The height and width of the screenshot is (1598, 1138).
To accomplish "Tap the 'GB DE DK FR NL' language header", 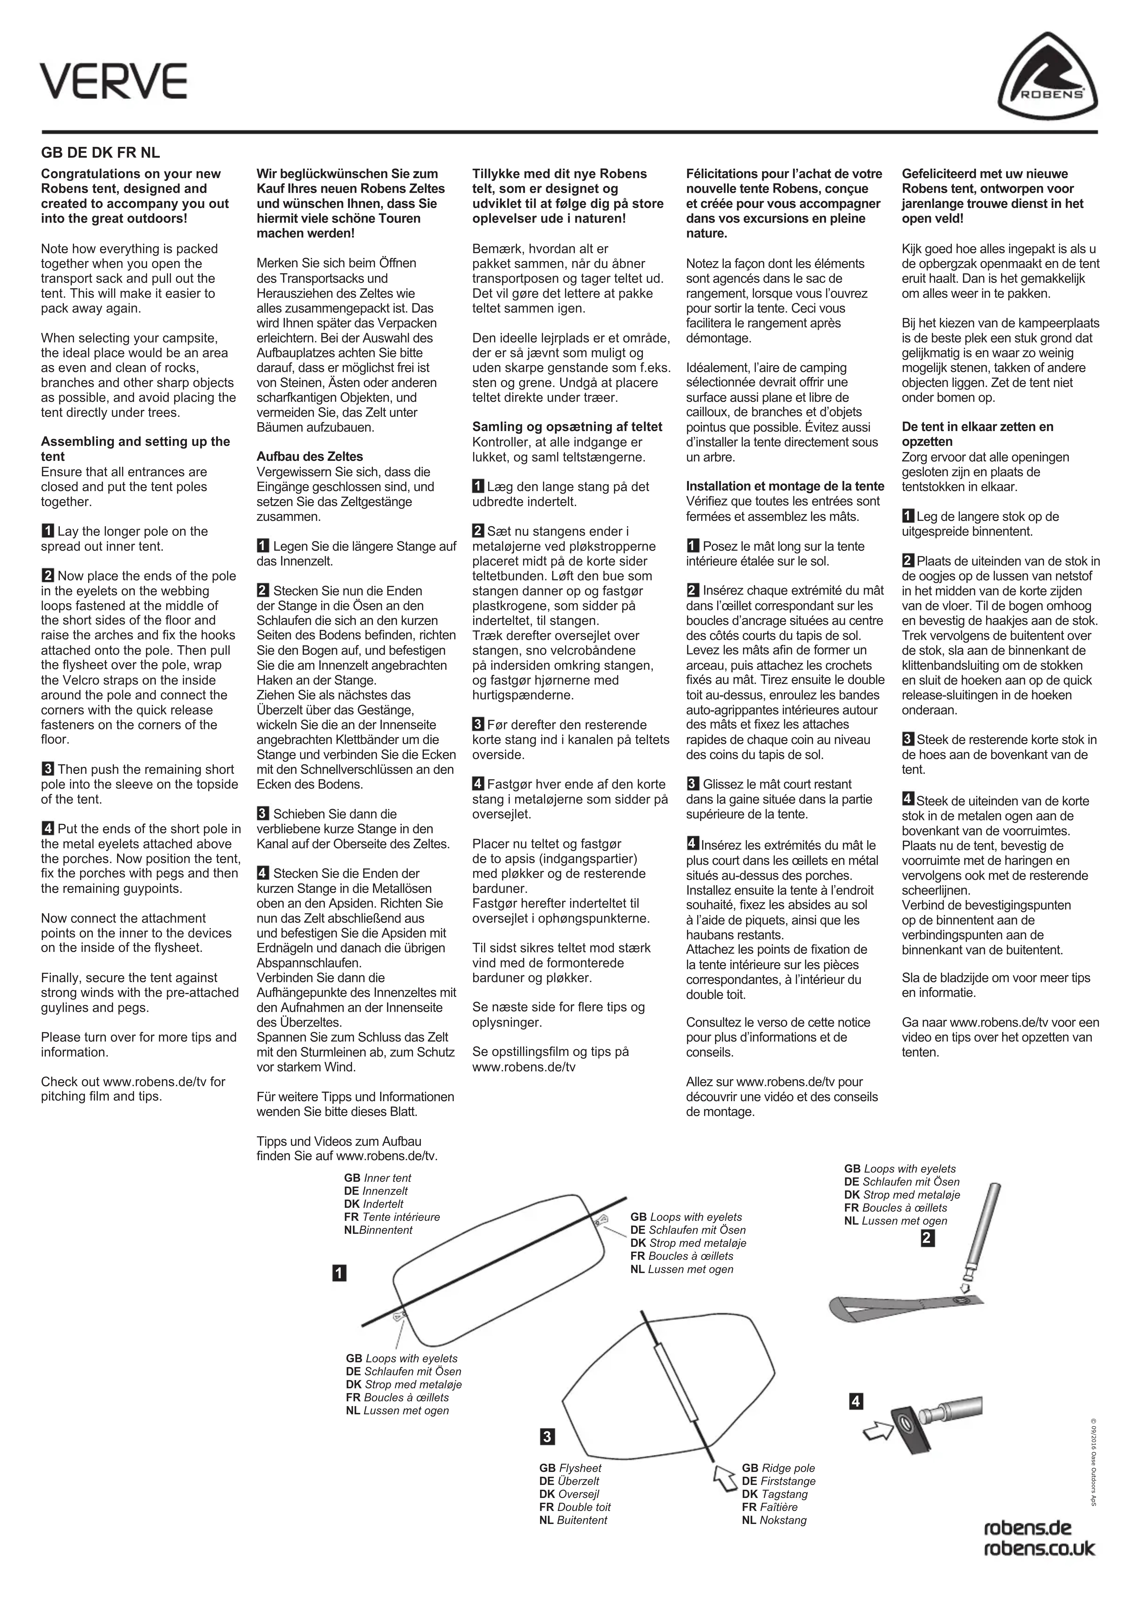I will [x=100, y=153].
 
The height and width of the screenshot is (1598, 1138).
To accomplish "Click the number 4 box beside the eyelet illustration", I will [x=856, y=1402].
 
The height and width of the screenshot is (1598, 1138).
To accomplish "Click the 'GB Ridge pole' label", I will [x=778, y=1468].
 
